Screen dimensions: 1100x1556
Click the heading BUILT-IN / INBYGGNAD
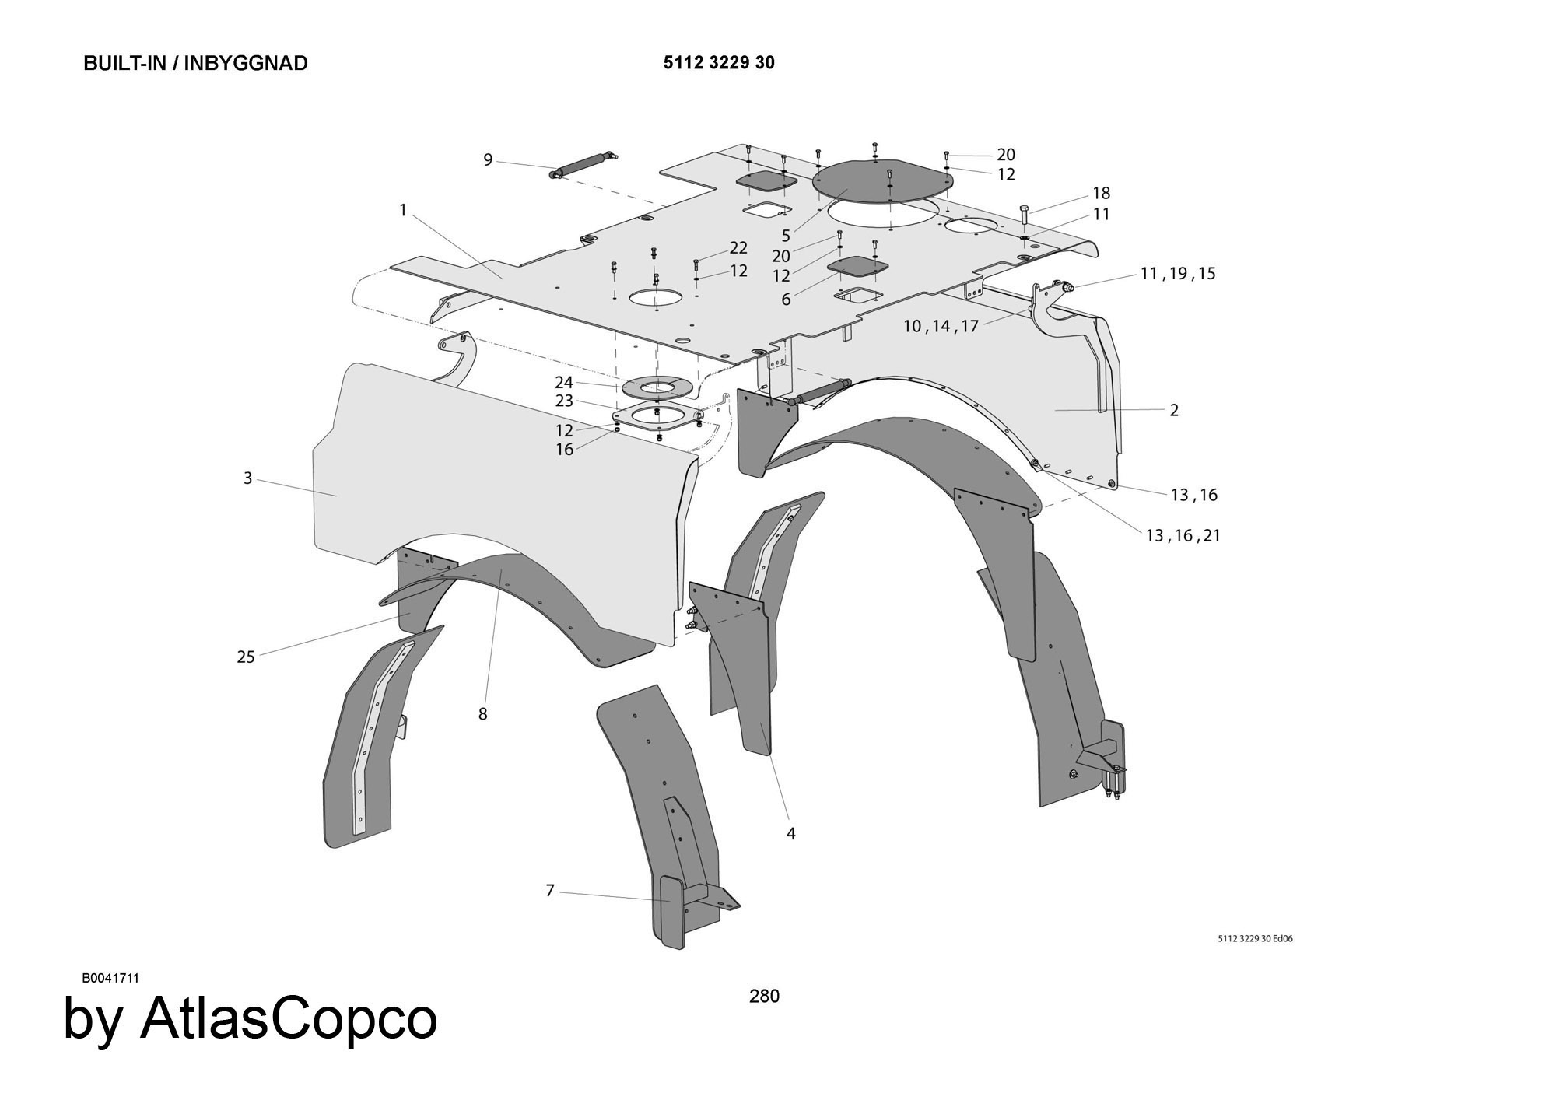click(x=195, y=63)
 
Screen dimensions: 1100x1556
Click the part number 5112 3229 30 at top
click(x=718, y=63)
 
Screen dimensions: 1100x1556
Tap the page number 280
click(x=764, y=996)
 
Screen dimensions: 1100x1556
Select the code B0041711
click(x=110, y=978)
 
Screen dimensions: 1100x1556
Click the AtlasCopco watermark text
click(x=251, y=1019)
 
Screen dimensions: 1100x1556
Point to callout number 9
click(x=488, y=160)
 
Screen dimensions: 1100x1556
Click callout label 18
click(x=1101, y=193)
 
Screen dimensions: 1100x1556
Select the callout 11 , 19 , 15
click(x=1177, y=274)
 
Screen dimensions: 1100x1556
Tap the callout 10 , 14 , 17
click(x=941, y=326)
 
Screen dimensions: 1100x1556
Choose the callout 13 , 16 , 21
click(x=1183, y=535)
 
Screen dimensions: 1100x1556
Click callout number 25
click(x=246, y=657)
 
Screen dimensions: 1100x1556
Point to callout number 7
click(x=550, y=890)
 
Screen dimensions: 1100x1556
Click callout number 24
click(x=564, y=382)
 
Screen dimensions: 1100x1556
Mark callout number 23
click(x=564, y=401)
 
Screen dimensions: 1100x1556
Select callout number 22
click(x=738, y=247)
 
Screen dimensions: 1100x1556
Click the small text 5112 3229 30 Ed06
click(x=1255, y=938)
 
